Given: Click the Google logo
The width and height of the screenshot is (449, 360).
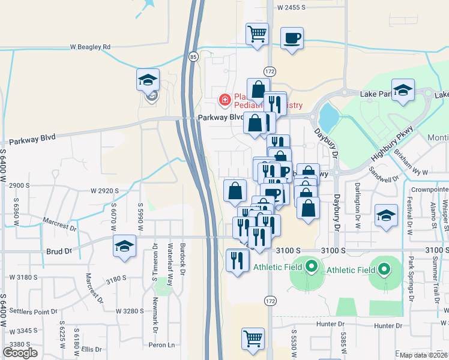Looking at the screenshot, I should tap(20, 353).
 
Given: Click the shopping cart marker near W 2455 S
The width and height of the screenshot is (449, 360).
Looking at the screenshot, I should tap(257, 34).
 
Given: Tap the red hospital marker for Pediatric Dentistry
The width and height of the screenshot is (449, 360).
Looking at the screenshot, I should tap(225, 98).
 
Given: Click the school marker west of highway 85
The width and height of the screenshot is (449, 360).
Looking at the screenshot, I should tap(147, 80).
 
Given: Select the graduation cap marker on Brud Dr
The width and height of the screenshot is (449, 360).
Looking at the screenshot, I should tap(125, 247).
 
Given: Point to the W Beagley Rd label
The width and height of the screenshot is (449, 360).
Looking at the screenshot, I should tap(90, 46).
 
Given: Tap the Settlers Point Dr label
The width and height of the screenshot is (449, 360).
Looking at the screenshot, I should tap(29, 312).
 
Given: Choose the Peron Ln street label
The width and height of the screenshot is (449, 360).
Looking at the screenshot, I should tap(163, 345).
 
